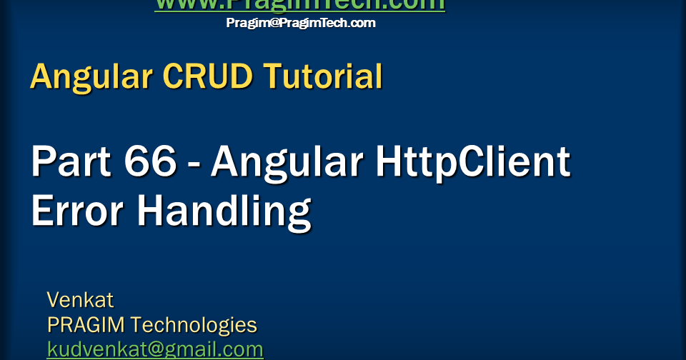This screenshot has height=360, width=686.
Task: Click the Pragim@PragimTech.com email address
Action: click(x=300, y=23)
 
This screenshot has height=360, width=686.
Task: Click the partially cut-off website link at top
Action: click(x=300, y=5)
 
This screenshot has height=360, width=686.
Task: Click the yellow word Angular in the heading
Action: click(x=91, y=76)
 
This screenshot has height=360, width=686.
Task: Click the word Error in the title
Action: click(x=75, y=211)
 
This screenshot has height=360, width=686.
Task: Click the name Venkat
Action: click(x=80, y=299)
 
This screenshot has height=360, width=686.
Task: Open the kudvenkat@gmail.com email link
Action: click(x=155, y=350)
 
